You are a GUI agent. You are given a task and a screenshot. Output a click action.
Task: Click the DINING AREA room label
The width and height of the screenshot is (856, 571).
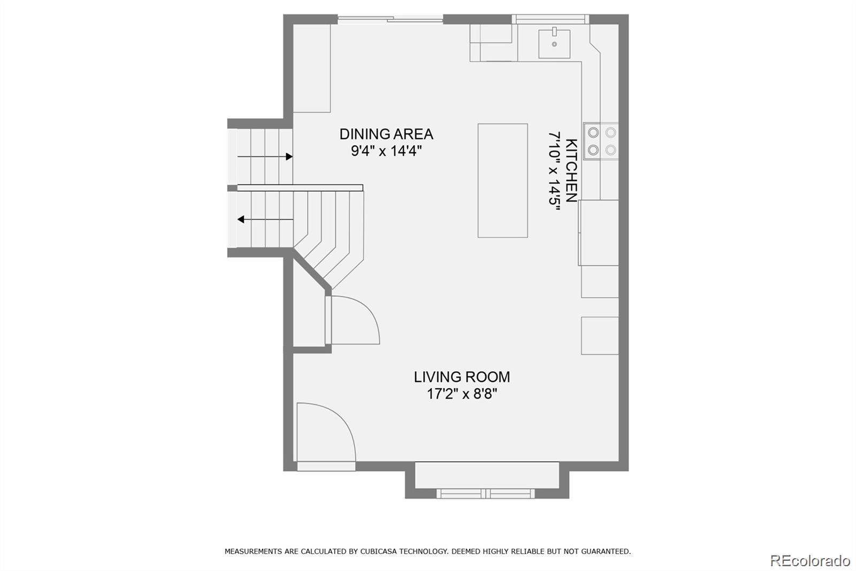386,134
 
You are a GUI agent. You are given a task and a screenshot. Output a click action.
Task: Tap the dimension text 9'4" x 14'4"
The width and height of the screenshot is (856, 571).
386,151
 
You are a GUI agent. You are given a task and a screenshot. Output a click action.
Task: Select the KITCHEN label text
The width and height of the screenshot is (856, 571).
571,170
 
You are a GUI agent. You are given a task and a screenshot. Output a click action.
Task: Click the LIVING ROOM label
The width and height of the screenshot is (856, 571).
462,377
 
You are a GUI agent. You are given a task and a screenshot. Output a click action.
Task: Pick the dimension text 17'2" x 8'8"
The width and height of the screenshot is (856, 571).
462,394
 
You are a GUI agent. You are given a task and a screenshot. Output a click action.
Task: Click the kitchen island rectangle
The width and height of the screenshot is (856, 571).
502,181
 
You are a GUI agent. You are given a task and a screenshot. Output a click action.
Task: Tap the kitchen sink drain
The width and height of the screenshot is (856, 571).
554,44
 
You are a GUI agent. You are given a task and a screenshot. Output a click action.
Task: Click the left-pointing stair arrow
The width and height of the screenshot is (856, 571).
265,219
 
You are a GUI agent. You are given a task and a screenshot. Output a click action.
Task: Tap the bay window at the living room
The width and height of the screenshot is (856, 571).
486,494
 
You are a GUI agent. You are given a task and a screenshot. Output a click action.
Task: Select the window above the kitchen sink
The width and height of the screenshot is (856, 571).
551,19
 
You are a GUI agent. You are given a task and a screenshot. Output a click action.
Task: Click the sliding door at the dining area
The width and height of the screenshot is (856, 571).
390,19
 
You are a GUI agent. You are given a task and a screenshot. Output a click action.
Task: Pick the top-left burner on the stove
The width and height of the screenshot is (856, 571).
593,132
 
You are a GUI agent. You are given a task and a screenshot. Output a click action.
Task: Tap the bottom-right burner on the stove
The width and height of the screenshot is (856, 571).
610,150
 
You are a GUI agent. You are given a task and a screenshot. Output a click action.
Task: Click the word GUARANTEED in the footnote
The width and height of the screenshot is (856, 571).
606,552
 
